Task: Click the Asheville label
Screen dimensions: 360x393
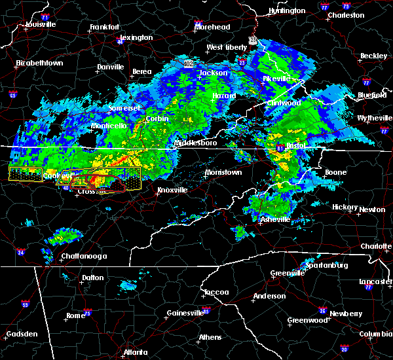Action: pos(274,219)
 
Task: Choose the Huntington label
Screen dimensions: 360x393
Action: pos(286,11)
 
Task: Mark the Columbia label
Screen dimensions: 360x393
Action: pos(375,334)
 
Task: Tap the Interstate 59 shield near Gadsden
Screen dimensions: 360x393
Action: pos(26,304)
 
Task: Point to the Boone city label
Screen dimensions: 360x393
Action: pos(335,173)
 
